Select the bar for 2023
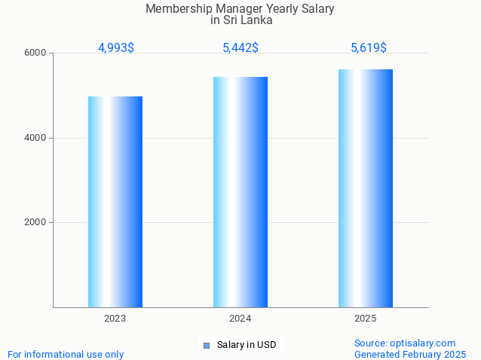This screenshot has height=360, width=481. [x=115, y=201]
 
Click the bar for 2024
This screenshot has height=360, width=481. [x=240, y=191]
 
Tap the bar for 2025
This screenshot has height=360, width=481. [x=366, y=188]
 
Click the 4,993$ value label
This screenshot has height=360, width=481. [x=116, y=48]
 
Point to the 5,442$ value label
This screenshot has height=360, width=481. [x=240, y=48]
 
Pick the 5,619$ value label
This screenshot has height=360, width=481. [x=369, y=48]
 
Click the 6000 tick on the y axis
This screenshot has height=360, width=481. [x=36, y=53]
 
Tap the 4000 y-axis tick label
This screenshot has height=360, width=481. [x=36, y=138]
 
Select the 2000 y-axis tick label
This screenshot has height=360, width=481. [x=36, y=223]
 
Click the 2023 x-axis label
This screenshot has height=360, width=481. [x=115, y=319]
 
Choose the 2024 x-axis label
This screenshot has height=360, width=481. [x=240, y=319]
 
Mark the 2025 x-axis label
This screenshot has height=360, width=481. [x=366, y=319]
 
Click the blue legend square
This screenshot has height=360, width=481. [x=207, y=346]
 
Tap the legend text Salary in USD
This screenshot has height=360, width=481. [x=247, y=346]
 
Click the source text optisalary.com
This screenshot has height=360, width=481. [x=428, y=343]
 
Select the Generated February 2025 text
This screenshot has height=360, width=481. [x=410, y=354]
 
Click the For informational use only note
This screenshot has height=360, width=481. [x=66, y=354]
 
